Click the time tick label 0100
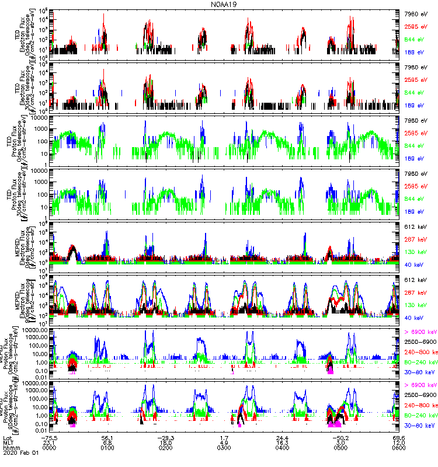(107, 448)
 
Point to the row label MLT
(8, 442)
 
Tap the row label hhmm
(10, 448)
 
